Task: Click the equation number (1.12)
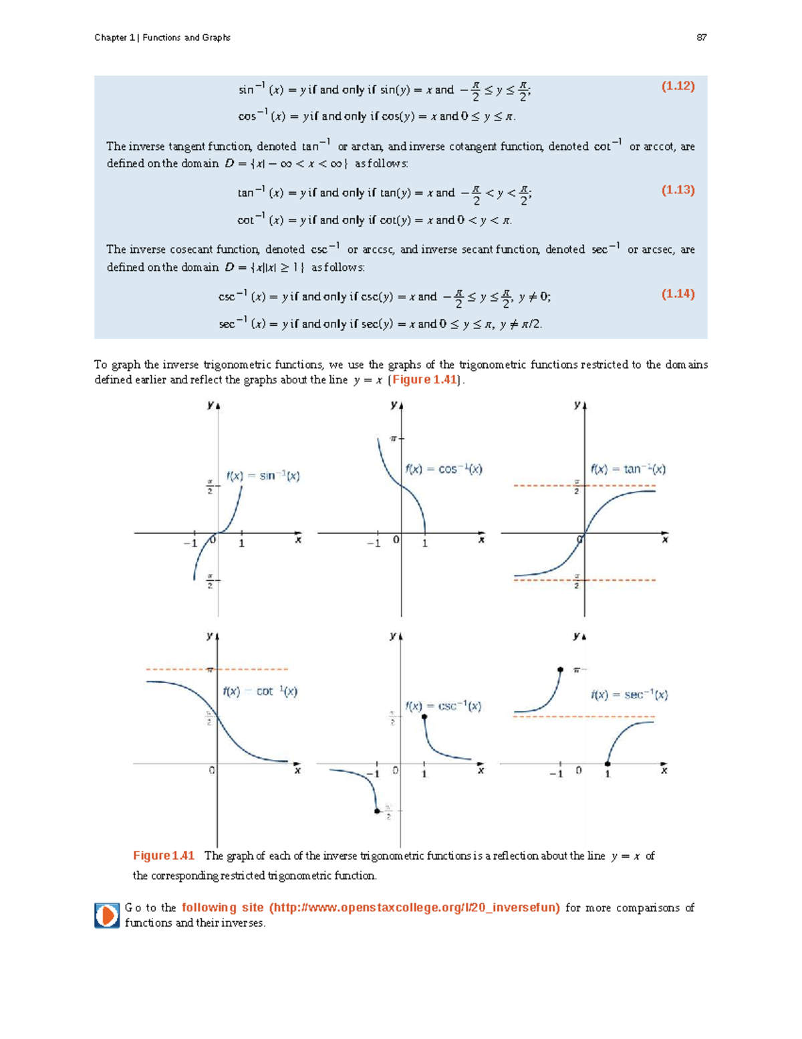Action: [x=678, y=86]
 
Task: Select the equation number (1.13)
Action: [x=678, y=190]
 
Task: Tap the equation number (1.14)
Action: [x=678, y=294]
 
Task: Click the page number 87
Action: [x=701, y=37]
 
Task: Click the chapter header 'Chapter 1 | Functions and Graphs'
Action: [x=162, y=37]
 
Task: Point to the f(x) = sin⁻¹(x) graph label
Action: [x=263, y=476]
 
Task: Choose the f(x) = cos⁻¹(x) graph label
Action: [x=444, y=469]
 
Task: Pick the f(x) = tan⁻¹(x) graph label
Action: [x=628, y=469]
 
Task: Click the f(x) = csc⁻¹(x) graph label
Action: [x=443, y=706]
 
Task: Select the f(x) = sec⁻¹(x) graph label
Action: [x=629, y=694]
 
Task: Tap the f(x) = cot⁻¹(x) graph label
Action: [x=260, y=691]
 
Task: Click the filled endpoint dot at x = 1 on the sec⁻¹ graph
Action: [x=608, y=763]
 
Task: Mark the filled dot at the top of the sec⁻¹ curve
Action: [x=560, y=669]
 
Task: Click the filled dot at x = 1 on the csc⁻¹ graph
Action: [x=424, y=717]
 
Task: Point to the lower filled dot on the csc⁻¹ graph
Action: [x=377, y=811]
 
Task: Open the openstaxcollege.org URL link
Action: [x=371, y=908]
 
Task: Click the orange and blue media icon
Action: [x=107, y=915]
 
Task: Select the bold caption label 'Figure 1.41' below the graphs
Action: [x=164, y=856]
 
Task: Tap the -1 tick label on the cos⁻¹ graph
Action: [x=374, y=543]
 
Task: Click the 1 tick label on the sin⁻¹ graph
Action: [x=242, y=543]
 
